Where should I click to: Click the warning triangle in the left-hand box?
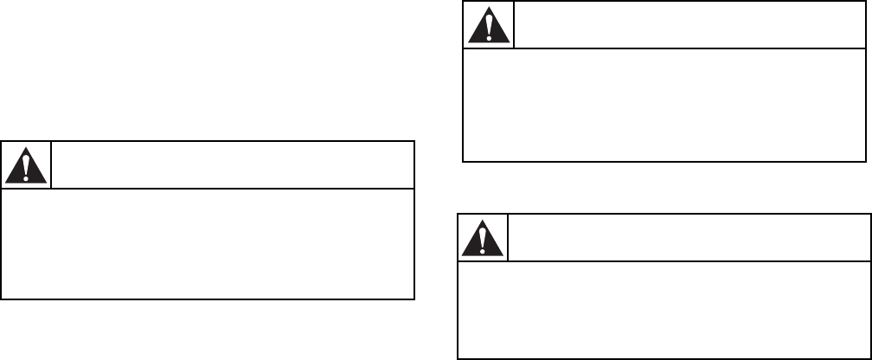tap(26, 165)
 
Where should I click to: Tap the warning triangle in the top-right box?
tap(489, 26)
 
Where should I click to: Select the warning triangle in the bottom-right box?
tap(483, 238)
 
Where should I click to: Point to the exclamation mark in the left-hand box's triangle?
tap(26, 165)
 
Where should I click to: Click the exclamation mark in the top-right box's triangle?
tap(489, 26)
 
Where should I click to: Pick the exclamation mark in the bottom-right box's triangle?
tap(483, 237)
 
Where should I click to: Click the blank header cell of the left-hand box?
tap(232, 164)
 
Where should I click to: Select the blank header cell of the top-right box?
tap(690, 26)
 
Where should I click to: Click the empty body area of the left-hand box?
tap(208, 244)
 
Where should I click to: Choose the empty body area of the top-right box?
tap(664, 105)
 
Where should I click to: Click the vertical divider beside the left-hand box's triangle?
tap(52, 164)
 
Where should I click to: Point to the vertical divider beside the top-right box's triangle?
tap(514, 26)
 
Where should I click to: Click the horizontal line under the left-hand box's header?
tap(208, 189)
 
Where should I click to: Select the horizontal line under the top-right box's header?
tap(664, 49)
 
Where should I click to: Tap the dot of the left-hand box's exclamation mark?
tap(26, 177)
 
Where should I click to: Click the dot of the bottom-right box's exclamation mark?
tap(483, 249)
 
